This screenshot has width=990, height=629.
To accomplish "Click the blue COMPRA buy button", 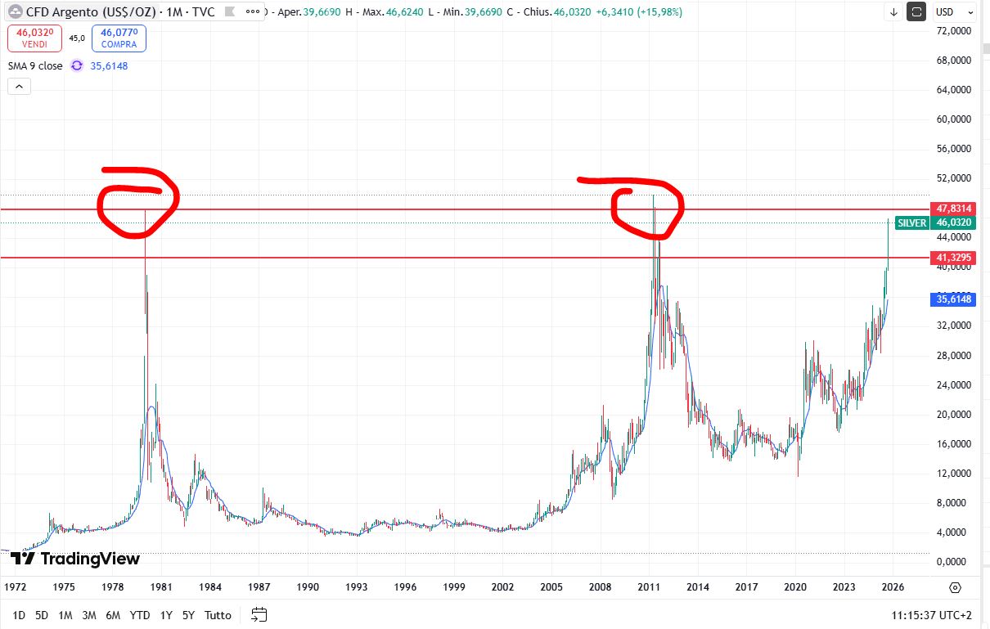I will click(x=118, y=37).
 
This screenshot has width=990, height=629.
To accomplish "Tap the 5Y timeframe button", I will click(x=188, y=614).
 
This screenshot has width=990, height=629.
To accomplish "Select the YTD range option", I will click(x=139, y=614).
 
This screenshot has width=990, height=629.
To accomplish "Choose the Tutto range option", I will click(x=218, y=614).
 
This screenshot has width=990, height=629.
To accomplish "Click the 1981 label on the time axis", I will click(x=160, y=587).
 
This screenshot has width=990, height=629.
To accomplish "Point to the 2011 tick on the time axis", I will click(x=649, y=587).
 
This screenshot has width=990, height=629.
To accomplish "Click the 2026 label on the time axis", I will click(x=893, y=587).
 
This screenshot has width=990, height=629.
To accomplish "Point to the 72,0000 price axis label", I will click(x=952, y=30).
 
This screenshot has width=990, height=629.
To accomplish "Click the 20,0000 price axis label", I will click(x=952, y=414).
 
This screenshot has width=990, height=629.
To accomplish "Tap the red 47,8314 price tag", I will click(x=953, y=209).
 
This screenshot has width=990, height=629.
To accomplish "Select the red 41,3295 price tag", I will click(x=953, y=258).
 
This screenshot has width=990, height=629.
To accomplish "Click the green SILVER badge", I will click(x=912, y=222).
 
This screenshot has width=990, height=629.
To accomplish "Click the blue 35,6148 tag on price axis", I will click(x=953, y=299).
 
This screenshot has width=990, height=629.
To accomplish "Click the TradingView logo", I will click(x=75, y=559).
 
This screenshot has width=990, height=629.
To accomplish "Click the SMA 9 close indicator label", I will click(x=35, y=65).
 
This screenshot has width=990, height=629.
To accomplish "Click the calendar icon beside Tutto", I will click(x=259, y=614).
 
